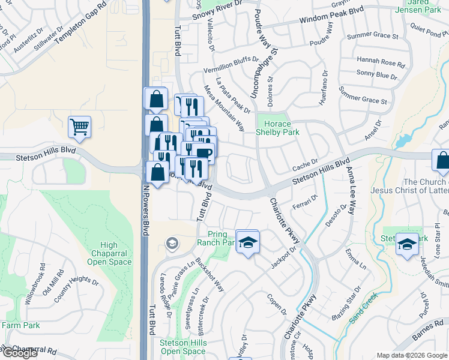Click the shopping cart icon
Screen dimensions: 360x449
point(79,127)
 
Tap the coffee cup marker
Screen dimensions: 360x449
point(203,152)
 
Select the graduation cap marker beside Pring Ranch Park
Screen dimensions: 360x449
point(247,242)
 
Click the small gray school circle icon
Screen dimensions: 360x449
point(172,243)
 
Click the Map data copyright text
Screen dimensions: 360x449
point(412,355)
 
